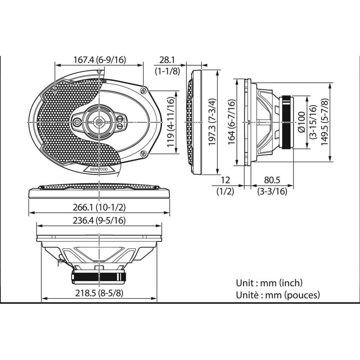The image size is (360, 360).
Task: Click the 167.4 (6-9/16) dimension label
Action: pyautogui.click(x=99, y=60)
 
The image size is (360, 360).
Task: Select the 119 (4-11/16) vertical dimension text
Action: pyautogui.click(x=171, y=121)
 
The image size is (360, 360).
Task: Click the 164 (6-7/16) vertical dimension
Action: pyautogui.click(x=231, y=122)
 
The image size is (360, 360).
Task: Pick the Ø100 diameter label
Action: pyautogui.click(x=301, y=122)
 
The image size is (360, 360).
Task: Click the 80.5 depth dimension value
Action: pyautogui.click(x=272, y=180)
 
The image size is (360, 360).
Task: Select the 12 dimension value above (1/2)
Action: pyautogui.click(x=225, y=180)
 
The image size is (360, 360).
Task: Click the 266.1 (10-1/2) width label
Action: pyautogui.click(x=99, y=208)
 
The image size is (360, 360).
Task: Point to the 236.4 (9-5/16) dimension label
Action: pyautogui.click(x=99, y=220)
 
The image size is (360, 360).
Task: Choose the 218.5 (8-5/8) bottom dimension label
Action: pyautogui.click(x=99, y=293)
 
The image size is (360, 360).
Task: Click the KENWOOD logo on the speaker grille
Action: pyautogui.click(x=99, y=169)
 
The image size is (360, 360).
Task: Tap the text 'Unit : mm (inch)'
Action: pyautogui.click(x=269, y=283)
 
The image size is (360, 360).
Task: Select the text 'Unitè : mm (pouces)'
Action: pyautogui.click(x=278, y=295)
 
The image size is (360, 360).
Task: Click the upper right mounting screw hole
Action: pyautogui.click(x=144, y=90)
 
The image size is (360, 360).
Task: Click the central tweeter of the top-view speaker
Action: pyautogui.click(x=99, y=122)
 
